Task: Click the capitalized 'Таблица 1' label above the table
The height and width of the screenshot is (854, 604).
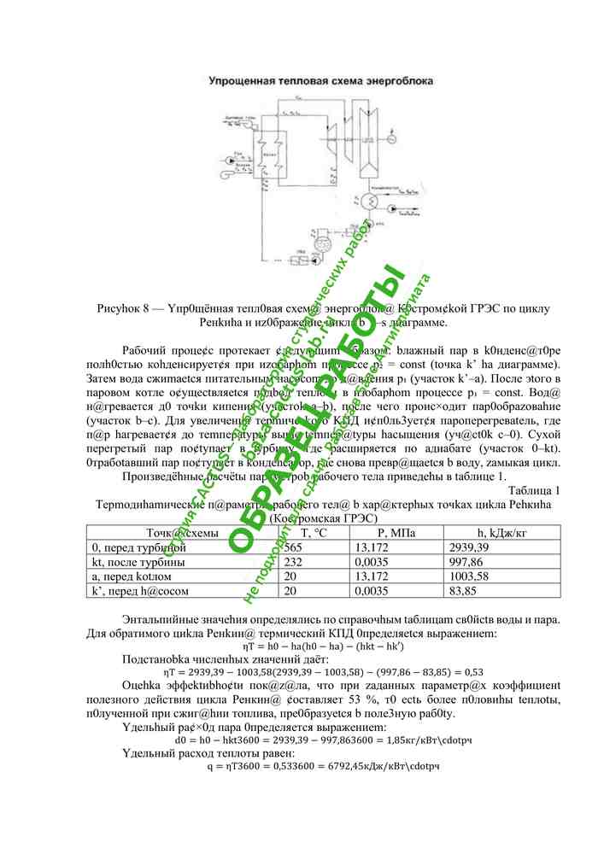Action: click(534, 490)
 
